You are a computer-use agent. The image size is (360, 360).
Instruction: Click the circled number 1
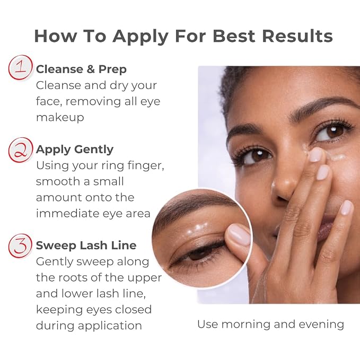[21, 67]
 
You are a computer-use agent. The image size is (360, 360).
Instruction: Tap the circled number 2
[21, 150]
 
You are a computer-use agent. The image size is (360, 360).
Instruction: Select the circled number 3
[21, 245]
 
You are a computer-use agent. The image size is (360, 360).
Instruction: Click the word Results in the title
[297, 36]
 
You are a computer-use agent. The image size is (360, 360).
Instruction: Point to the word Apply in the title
[141, 37]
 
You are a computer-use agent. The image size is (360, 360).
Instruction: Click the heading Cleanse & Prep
[81, 69]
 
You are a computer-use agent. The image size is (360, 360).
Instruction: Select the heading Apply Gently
[75, 150]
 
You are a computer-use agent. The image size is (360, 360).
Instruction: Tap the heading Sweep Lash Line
[86, 245]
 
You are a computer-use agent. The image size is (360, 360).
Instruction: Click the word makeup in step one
[60, 118]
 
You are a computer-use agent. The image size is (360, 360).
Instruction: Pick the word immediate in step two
[67, 214]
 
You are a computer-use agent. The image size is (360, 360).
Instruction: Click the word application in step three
[110, 326]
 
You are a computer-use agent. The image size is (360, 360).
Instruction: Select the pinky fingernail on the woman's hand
[346, 207]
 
